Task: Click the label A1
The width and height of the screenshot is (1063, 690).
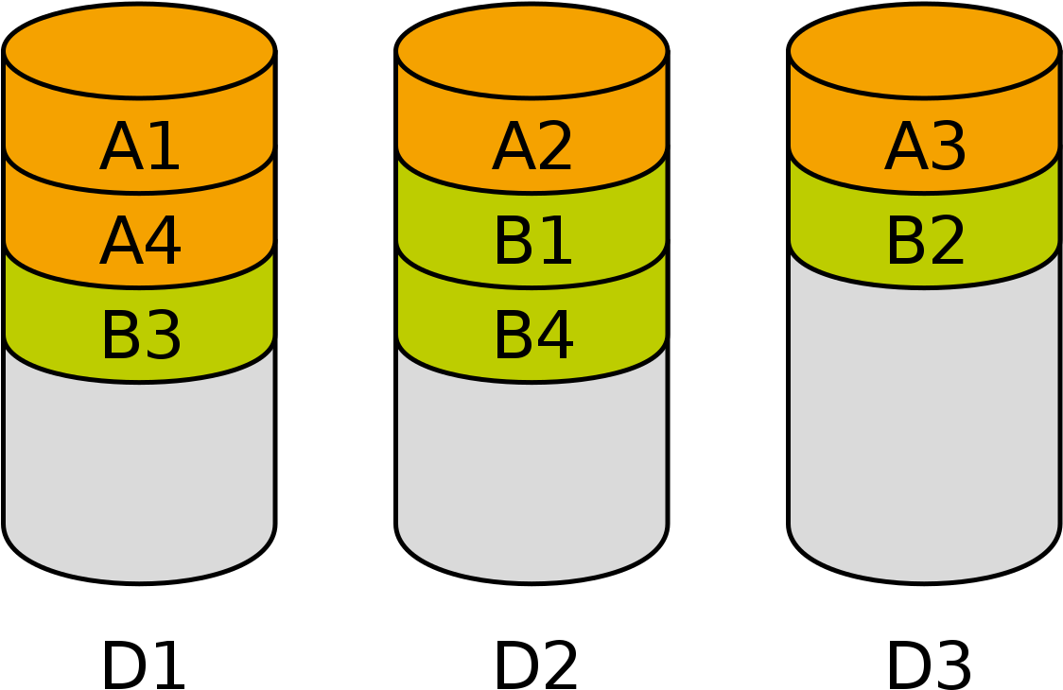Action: (140, 148)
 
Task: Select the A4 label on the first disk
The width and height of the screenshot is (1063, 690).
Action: (140, 243)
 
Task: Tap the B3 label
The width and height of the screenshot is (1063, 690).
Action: (140, 337)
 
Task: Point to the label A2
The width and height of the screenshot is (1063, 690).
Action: (532, 148)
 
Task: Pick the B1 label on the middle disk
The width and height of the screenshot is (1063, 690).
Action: (532, 243)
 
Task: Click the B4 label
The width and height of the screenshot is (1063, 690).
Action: (532, 337)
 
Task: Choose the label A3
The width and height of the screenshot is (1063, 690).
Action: (925, 148)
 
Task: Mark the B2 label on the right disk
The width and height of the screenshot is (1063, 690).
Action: (925, 243)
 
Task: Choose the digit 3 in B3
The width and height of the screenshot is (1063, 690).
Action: (163, 337)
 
